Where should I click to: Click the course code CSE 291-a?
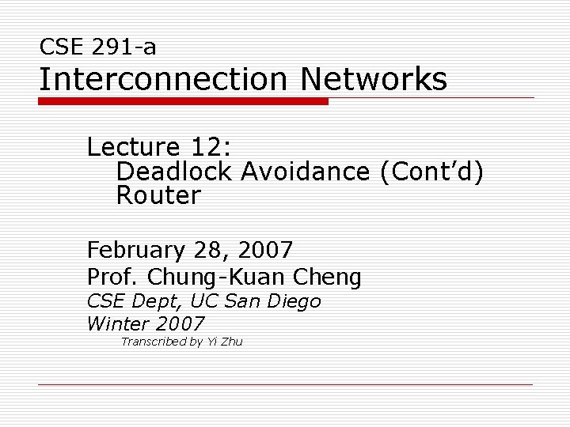tap(97, 47)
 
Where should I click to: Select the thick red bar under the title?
tap(183, 102)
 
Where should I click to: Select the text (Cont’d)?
tap(431, 172)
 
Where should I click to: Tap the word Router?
tap(158, 196)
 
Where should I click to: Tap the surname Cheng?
tap(327, 277)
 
